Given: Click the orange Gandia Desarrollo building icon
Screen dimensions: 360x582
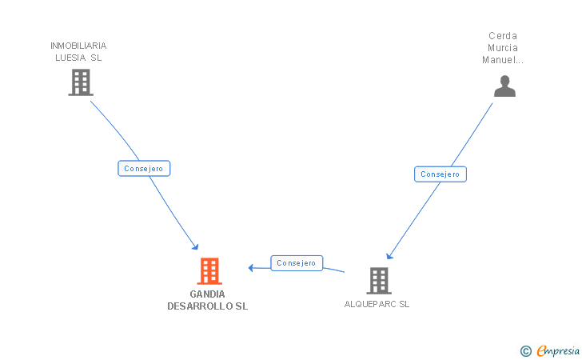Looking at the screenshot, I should pos(209,271).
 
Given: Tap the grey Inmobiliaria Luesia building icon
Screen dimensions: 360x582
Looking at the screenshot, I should pos(80,82).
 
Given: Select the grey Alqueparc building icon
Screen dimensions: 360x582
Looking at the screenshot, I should pos(378,280).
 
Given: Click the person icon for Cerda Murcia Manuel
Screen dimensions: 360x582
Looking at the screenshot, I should pos(504,86).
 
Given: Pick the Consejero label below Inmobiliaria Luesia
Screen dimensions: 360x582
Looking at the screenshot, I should pos(145,169).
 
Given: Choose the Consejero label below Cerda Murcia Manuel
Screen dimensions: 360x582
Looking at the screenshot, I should pos(440,174).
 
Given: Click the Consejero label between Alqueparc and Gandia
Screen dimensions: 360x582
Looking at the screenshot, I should pos(297,263).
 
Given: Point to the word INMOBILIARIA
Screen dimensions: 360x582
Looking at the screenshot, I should pos(78,46).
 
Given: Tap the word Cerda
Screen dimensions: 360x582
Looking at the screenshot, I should pos(503,36).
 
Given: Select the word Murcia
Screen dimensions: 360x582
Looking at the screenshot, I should pos(503,48).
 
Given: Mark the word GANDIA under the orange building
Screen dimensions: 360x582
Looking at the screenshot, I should pos(208,294).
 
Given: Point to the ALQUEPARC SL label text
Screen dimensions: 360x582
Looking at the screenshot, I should pos(377,304).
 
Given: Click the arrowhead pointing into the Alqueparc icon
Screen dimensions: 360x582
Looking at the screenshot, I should pos(389,255).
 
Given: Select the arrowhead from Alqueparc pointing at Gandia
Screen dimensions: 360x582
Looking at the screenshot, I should pos(251,267).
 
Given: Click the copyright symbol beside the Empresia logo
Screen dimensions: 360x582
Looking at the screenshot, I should pos(525,350).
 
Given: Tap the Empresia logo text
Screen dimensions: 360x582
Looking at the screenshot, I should pos(559,350).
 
